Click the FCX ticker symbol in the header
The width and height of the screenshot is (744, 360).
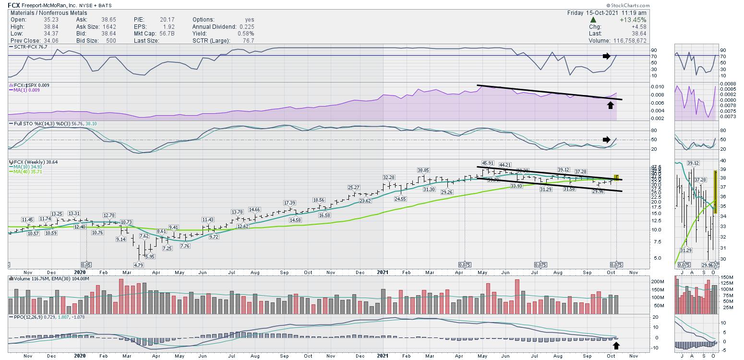(14, 5)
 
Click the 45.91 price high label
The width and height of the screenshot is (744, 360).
(488, 163)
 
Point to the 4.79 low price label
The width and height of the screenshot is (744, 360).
(139, 264)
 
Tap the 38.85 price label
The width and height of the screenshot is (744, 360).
(423, 170)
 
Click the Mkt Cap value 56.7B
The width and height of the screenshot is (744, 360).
(167, 34)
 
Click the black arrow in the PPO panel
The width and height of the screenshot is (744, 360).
(616, 345)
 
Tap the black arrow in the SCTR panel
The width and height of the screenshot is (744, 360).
(607, 56)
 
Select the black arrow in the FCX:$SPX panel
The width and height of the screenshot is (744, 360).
(610, 105)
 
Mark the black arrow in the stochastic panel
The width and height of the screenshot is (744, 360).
(607, 140)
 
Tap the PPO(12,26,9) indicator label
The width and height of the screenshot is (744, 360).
(26, 317)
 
